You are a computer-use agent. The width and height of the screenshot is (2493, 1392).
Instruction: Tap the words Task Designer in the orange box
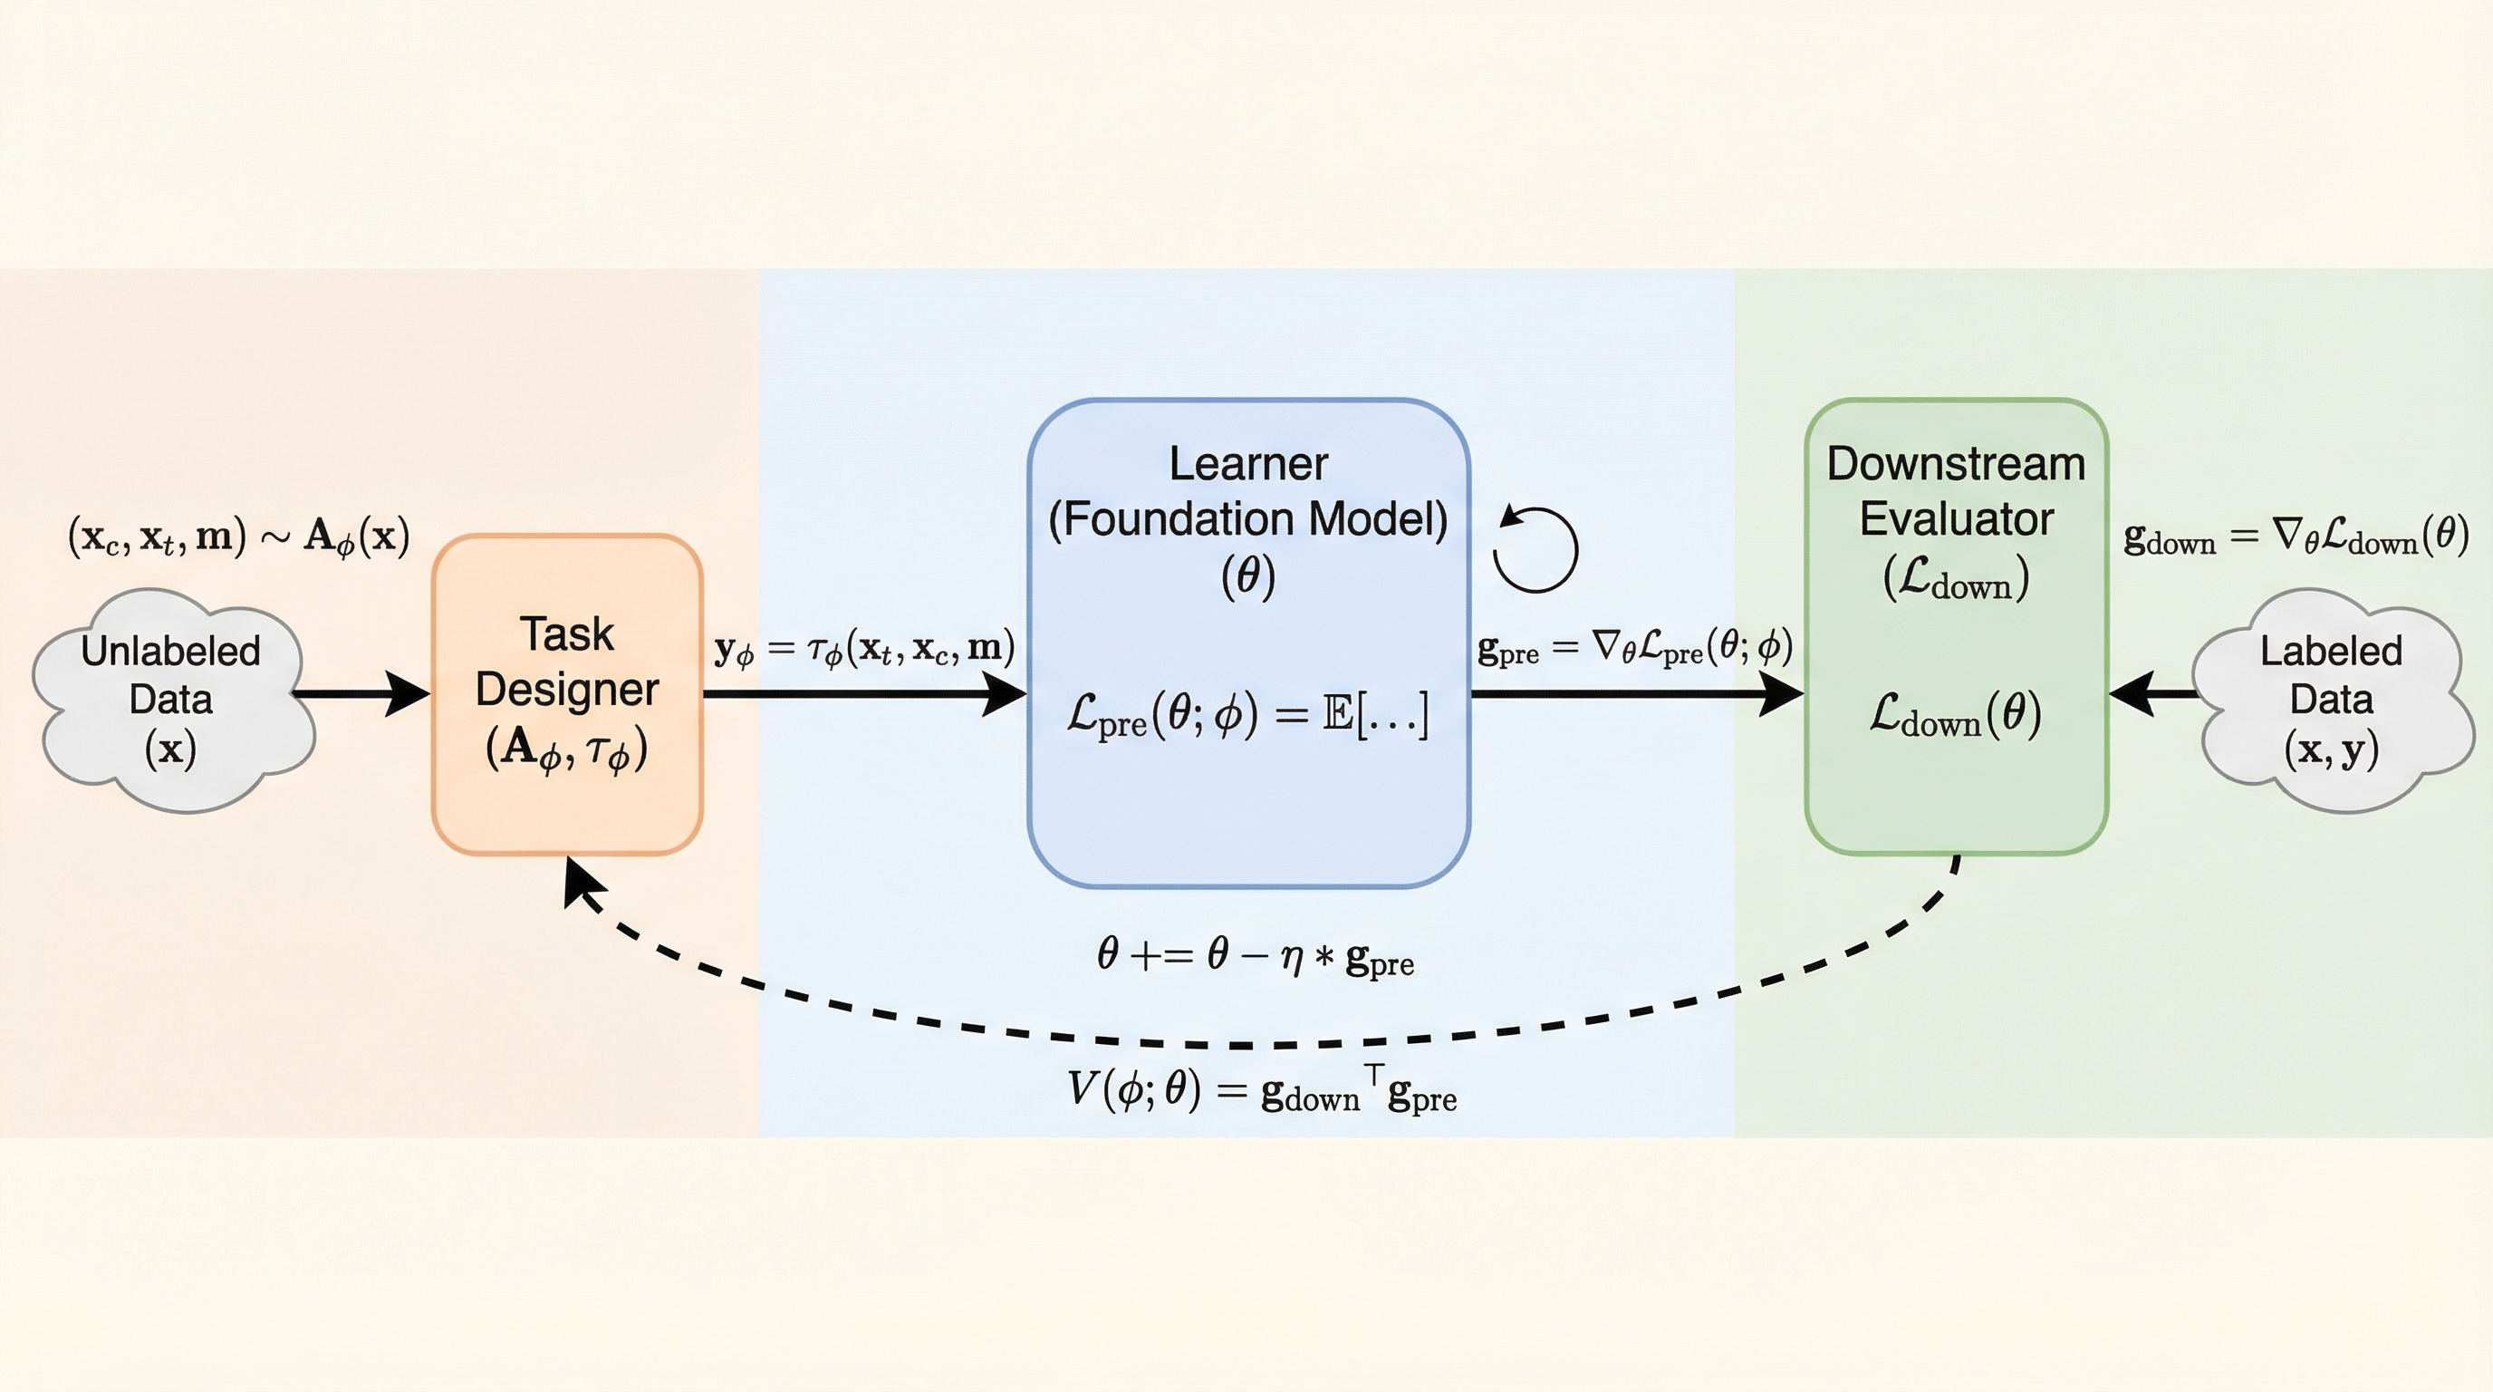[567, 662]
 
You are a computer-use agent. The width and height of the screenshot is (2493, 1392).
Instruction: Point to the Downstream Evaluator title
[1956, 492]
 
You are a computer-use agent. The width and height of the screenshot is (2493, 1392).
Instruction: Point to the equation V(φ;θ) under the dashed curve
[1261, 1090]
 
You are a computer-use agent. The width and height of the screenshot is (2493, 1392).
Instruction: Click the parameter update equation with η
[1256, 956]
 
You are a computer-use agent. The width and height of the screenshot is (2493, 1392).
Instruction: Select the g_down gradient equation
[2296, 536]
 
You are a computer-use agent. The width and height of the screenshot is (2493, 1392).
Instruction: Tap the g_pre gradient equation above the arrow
[1634, 647]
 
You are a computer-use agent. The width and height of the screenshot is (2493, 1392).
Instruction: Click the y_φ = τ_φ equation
[864, 647]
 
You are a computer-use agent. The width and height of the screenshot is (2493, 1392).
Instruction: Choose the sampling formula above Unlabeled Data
[238, 536]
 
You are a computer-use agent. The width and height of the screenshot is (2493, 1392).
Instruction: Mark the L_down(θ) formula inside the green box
[1955, 716]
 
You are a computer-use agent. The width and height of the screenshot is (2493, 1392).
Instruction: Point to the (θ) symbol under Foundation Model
[1248, 577]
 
